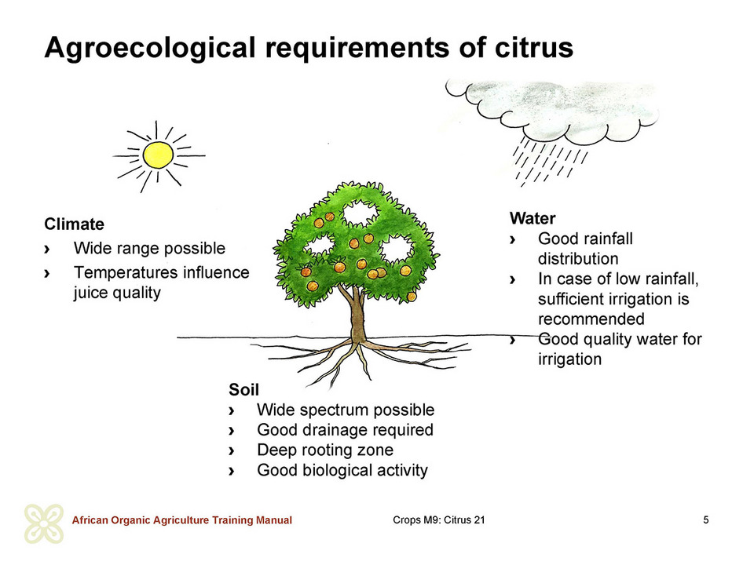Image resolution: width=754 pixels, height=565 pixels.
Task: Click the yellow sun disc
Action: (x=158, y=155)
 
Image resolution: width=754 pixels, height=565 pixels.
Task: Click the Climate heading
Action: (x=74, y=224)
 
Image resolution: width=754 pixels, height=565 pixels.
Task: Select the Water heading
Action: (x=533, y=219)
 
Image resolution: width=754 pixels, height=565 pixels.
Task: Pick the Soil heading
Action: (x=243, y=390)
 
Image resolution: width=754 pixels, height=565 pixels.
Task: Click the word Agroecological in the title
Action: (x=149, y=49)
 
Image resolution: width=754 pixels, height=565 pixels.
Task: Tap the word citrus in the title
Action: (x=534, y=48)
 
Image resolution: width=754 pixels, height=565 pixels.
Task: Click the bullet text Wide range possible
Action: (x=149, y=249)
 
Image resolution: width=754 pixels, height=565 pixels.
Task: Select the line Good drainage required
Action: (x=346, y=430)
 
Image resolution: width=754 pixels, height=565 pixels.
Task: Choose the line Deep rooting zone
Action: (x=325, y=450)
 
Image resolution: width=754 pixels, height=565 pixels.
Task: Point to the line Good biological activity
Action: (x=342, y=470)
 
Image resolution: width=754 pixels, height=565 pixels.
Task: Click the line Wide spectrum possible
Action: (x=346, y=410)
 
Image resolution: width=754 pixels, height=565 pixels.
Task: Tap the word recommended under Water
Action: (x=591, y=319)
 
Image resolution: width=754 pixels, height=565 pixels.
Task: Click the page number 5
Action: (x=706, y=519)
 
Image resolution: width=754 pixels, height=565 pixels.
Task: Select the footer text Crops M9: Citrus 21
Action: (x=439, y=519)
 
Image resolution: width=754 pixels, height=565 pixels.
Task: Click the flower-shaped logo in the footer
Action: (x=44, y=523)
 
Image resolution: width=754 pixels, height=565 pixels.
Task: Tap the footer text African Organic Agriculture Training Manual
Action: (x=181, y=520)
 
